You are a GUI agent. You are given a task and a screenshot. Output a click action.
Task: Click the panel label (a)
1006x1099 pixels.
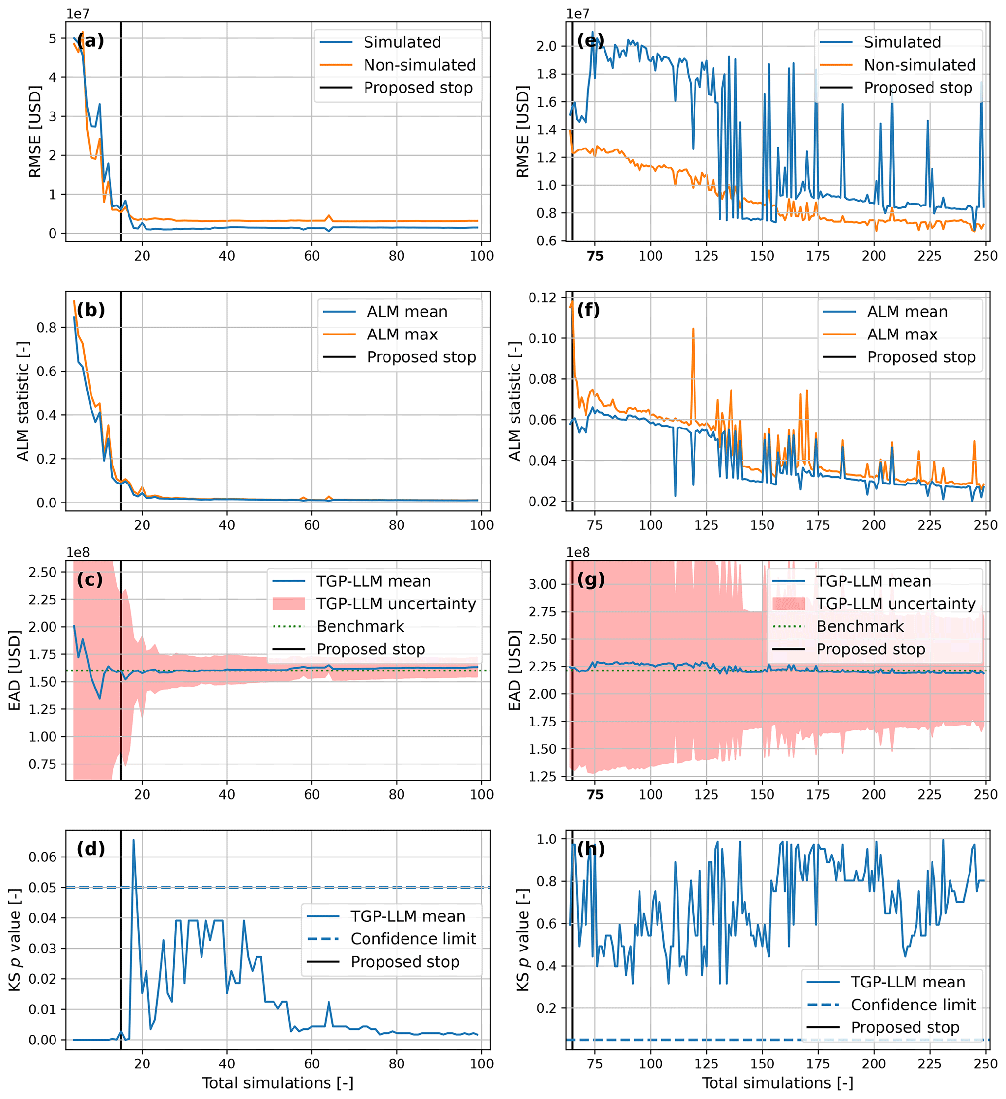(x=91, y=41)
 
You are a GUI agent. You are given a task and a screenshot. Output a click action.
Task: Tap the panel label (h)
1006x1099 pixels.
(x=591, y=849)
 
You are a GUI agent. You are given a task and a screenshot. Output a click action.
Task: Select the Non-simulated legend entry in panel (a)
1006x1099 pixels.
(x=419, y=65)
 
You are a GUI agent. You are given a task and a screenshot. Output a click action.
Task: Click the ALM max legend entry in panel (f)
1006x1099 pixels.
(x=902, y=334)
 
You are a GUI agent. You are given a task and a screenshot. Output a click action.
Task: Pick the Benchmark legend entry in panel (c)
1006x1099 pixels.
(x=360, y=626)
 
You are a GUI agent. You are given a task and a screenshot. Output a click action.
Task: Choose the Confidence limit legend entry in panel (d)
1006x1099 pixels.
(x=413, y=939)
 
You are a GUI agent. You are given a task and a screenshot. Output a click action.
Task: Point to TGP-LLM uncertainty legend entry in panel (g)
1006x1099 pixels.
(x=896, y=603)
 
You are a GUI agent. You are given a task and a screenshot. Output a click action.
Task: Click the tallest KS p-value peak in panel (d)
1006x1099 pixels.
(x=133, y=840)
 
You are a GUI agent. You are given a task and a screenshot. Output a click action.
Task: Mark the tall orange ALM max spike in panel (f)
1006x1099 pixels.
(x=693, y=329)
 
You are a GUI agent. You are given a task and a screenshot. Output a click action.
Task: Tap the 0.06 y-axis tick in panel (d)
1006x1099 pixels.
(x=42, y=857)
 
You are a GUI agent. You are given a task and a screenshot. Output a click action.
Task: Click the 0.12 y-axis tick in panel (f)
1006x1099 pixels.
(x=543, y=298)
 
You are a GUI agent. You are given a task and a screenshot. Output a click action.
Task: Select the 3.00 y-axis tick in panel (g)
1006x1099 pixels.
(x=543, y=584)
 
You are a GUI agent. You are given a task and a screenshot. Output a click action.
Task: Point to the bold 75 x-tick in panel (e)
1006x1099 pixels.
(x=595, y=256)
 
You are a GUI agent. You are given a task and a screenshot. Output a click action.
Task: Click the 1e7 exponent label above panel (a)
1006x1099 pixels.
(x=78, y=14)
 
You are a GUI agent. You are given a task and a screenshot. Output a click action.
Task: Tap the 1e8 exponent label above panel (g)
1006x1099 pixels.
(x=578, y=553)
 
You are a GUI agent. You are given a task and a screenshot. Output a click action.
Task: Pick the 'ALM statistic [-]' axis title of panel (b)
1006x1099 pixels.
(x=22, y=401)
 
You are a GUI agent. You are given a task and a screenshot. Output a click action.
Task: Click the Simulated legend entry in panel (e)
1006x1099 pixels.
(x=902, y=42)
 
